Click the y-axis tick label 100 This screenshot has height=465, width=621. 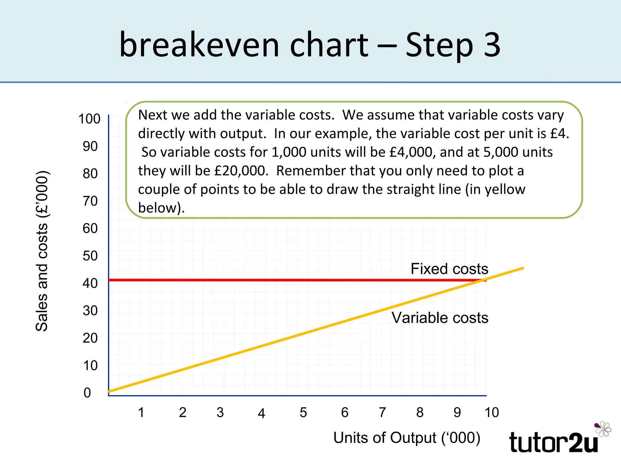pos(89,119)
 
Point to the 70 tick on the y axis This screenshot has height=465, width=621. pos(90,201)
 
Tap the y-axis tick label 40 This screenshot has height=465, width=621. pos(90,283)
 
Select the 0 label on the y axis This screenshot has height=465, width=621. pos(87,393)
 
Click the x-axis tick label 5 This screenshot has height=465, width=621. pos(303,412)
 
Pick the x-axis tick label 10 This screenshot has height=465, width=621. pos(492,412)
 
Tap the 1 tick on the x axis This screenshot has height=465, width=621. pos(141,412)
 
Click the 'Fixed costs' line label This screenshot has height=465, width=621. pos(449,269)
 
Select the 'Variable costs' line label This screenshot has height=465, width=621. pos(440,318)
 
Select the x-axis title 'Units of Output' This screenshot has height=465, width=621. pos(407,438)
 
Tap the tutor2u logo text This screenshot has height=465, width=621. pos(553,443)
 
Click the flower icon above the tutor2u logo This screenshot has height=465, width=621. pos(603,429)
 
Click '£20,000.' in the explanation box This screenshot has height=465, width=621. pos(241,171)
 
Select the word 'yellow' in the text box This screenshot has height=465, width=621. pos(505,190)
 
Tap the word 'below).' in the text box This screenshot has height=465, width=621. pos(161,208)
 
